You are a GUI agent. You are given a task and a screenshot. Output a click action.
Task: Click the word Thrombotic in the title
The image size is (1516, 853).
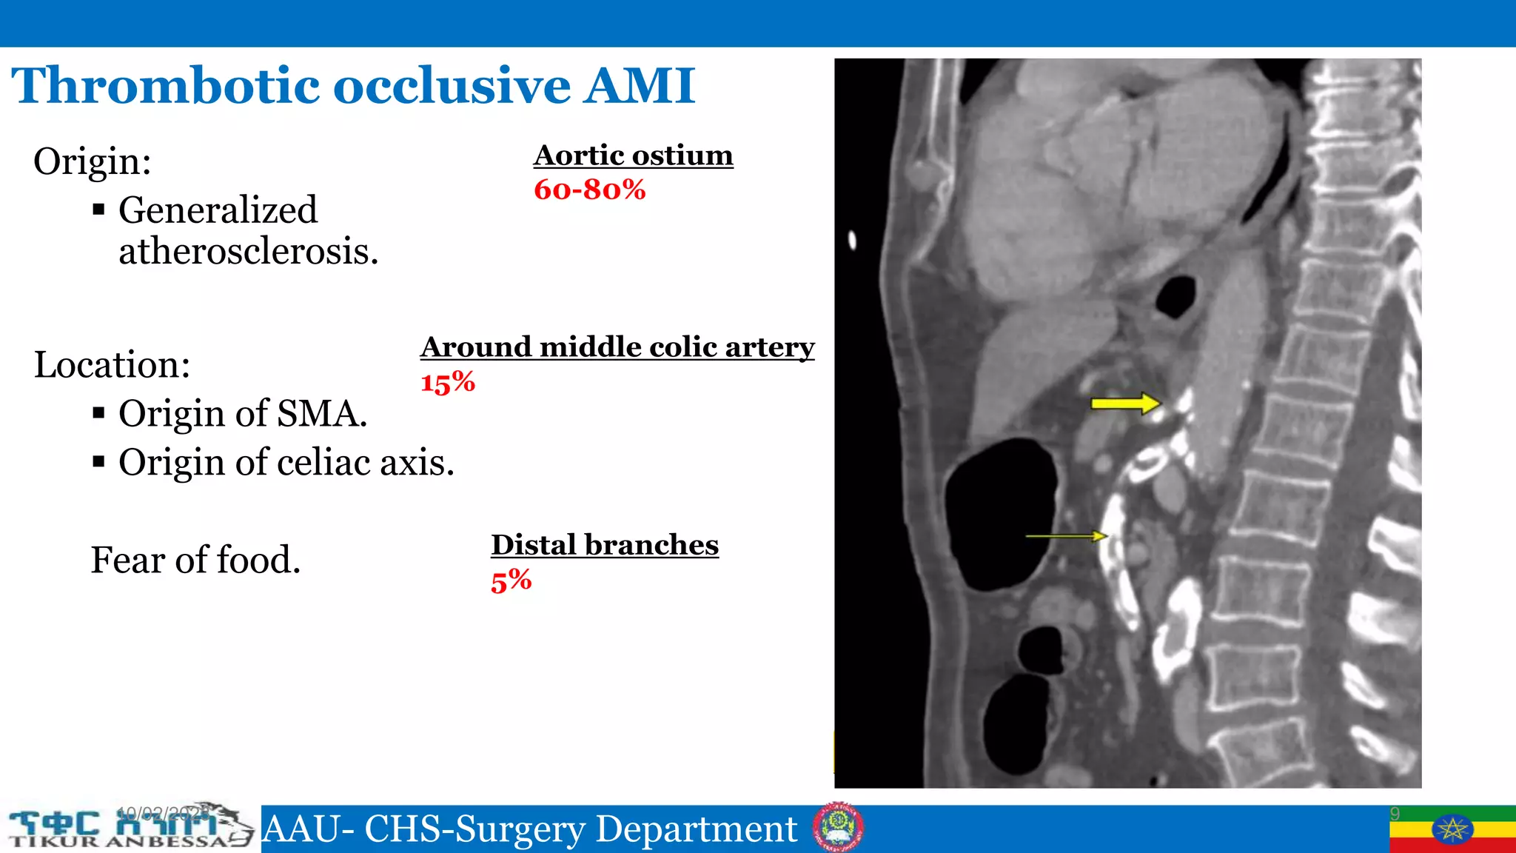click(167, 86)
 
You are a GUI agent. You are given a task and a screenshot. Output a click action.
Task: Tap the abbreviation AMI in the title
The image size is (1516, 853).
click(640, 86)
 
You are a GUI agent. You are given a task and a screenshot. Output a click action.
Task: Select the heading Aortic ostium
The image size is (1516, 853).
click(633, 155)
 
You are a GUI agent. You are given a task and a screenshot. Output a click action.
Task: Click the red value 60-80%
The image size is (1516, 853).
click(589, 190)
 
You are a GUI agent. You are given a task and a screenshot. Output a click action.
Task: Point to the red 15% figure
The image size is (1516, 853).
click(447, 383)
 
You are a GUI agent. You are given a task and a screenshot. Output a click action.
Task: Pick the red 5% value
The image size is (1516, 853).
click(511, 581)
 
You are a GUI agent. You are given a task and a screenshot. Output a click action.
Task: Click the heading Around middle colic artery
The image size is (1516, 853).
click(617, 347)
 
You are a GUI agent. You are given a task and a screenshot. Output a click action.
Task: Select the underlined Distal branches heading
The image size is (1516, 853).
click(604, 545)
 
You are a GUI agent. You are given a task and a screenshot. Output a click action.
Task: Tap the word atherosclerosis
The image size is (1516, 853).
click(248, 252)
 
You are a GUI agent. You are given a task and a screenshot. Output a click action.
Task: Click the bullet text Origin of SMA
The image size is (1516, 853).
click(242, 413)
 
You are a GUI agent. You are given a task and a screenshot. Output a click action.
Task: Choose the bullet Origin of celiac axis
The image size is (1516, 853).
click(286, 463)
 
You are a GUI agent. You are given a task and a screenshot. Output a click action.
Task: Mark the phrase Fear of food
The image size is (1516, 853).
click(195, 560)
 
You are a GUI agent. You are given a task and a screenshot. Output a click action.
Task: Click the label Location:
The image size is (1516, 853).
click(112, 365)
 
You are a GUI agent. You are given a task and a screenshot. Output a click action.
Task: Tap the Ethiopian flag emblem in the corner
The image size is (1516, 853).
click(1452, 829)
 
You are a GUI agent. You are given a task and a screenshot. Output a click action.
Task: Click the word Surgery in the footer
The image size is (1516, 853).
click(520, 829)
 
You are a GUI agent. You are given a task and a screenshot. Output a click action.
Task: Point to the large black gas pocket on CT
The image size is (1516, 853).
click(1001, 513)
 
